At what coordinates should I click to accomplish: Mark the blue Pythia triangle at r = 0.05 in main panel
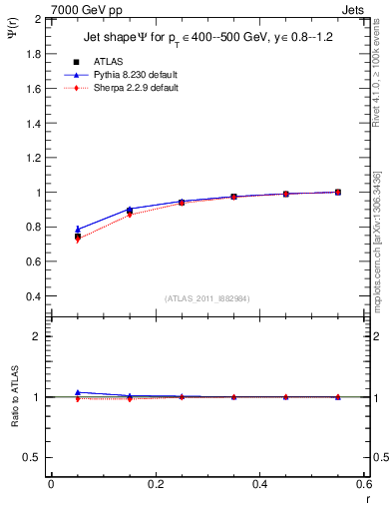pos(78,230)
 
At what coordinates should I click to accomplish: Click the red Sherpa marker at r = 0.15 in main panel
pos(130,215)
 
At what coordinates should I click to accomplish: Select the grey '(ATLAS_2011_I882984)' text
pos(206,297)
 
